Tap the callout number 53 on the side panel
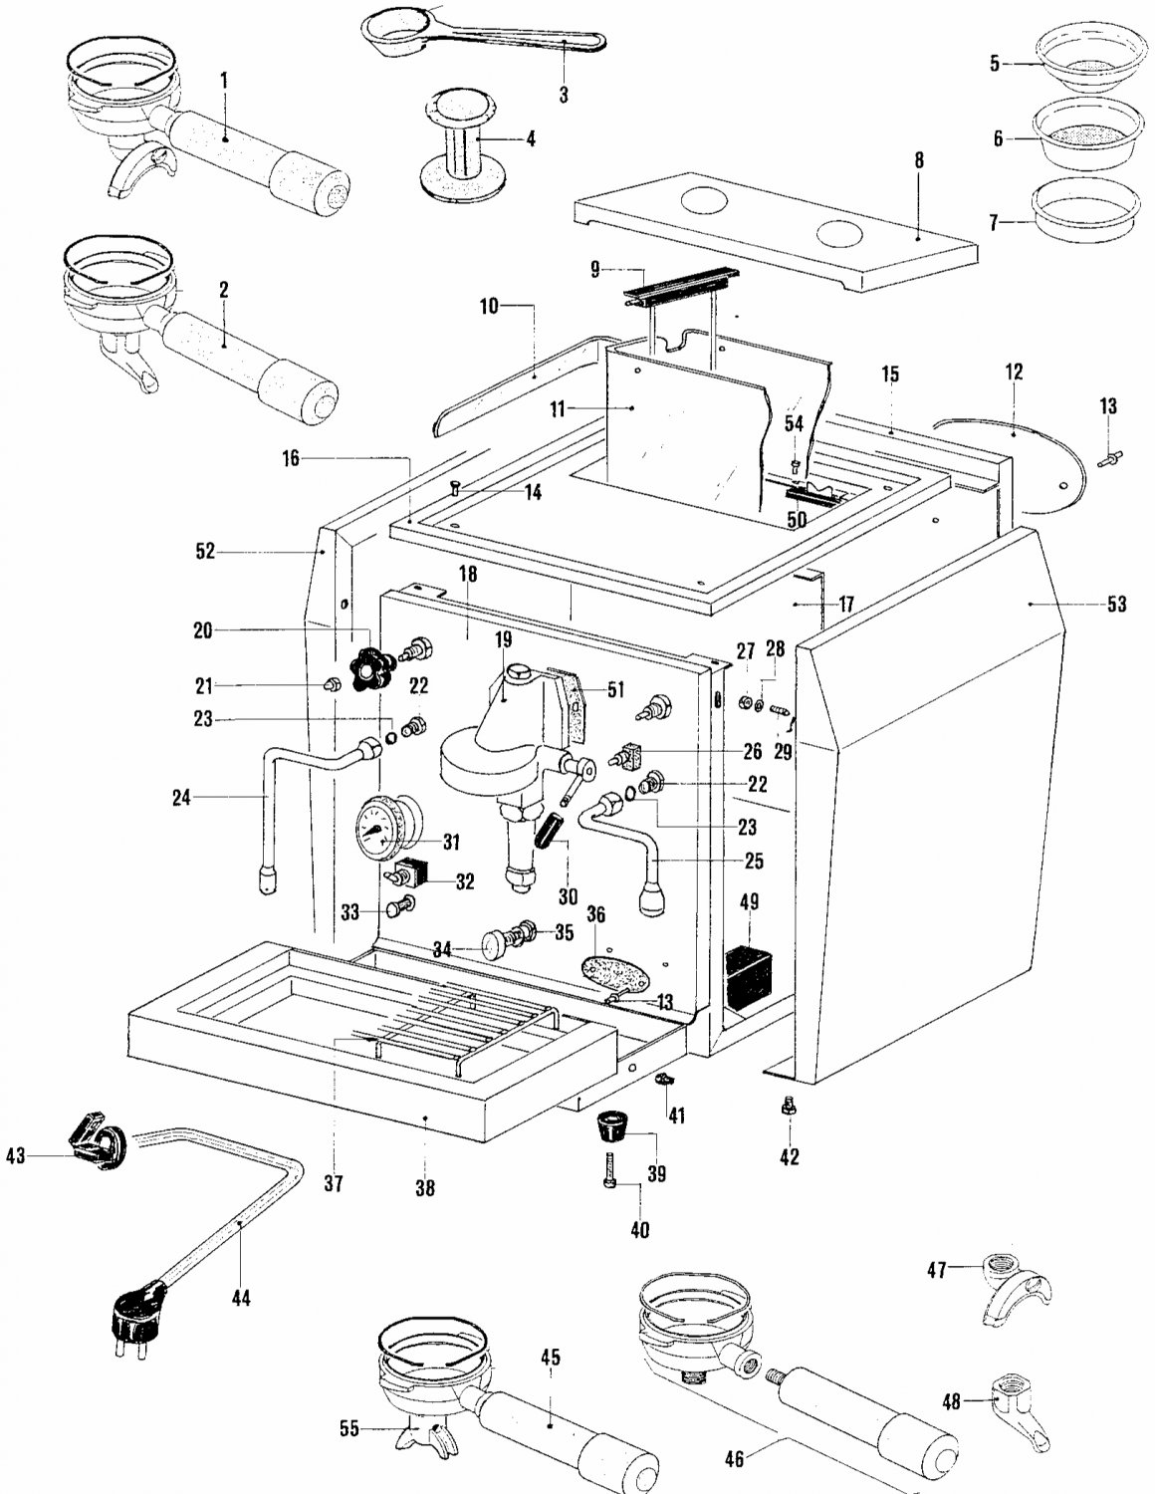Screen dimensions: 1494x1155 coord(1116,604)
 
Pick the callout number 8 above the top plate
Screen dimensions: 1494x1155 coord(918,158)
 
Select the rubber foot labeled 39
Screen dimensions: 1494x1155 coord(614,1131)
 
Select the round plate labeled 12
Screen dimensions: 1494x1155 coord(1026,463)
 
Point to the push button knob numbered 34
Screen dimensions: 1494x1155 coord(496,942)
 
